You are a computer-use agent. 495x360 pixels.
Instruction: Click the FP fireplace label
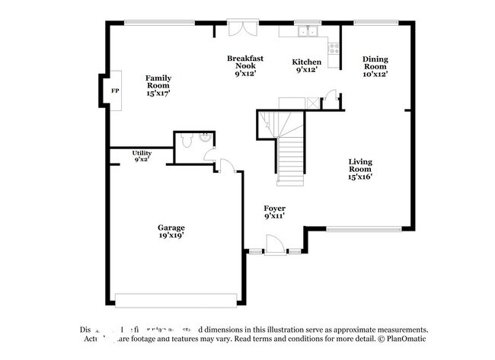click(115, 91)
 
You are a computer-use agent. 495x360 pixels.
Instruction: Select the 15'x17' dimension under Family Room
click(158, 93)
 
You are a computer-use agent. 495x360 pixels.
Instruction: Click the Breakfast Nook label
click(244, 62)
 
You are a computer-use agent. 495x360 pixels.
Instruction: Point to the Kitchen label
click(307, 62)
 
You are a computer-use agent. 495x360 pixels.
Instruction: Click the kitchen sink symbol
click(308, 32)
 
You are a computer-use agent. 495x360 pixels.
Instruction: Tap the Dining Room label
click(375, 62)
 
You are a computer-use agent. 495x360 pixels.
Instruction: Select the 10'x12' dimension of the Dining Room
click(375, 74)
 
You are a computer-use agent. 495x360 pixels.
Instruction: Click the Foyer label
click(274, 208)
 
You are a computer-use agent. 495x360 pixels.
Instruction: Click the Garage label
click(171, 227)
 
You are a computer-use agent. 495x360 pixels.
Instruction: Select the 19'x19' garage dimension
click(171, 236)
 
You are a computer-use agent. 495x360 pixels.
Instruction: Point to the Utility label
click(142, 153)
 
